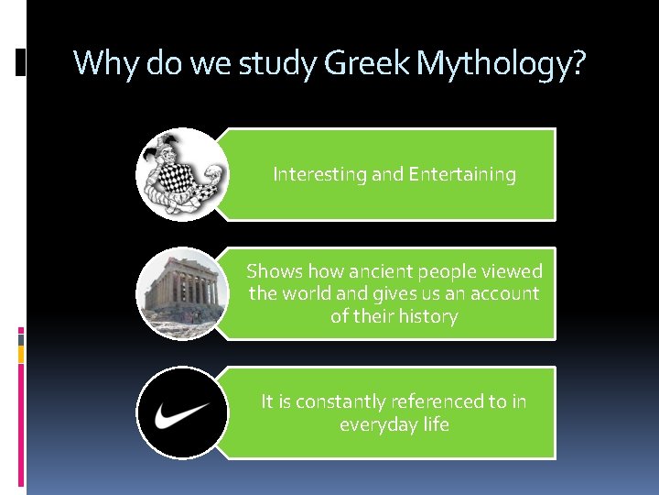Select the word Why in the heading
click(x=102, y=63)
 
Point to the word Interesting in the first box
click(x=319, y=174)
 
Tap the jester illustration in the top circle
click(x=181, y=173)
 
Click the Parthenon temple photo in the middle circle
click(x=181, y=293)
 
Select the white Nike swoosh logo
click(x=181, y=413)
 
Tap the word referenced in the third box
click(x=436, y=401)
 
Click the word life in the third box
click(x=437, y=424)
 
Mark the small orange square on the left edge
click(x=21, y=353)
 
